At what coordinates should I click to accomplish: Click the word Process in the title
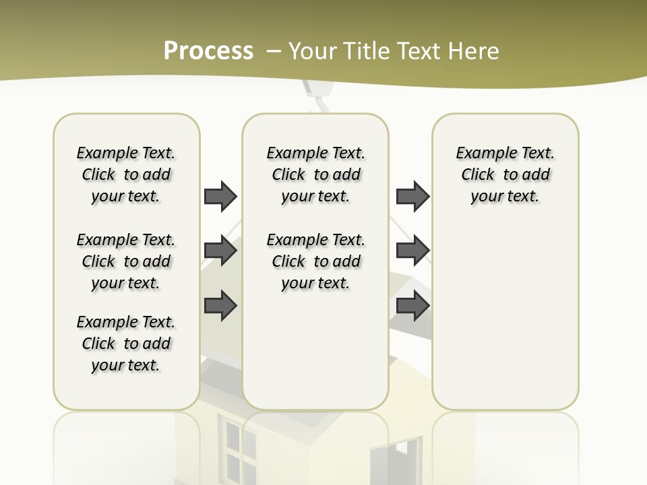[208, 51]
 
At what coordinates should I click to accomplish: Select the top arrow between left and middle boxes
[220, 196]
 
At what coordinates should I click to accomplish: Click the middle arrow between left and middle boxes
[220, 251]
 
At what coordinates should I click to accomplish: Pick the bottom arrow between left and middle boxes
[220, 305]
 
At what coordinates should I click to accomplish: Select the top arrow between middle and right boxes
[412, 196]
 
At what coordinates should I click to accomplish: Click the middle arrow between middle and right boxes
[412, 251]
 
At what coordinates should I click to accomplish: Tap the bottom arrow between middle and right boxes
[412, 305]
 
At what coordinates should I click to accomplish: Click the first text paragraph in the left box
[126, 174]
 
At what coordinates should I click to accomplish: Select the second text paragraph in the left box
[126, 261]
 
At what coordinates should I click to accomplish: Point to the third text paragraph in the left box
[126, 344]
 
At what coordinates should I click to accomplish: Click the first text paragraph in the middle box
[315, 174]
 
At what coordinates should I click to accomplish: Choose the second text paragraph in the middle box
[315, 261]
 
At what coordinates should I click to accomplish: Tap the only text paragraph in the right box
[505, 174]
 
